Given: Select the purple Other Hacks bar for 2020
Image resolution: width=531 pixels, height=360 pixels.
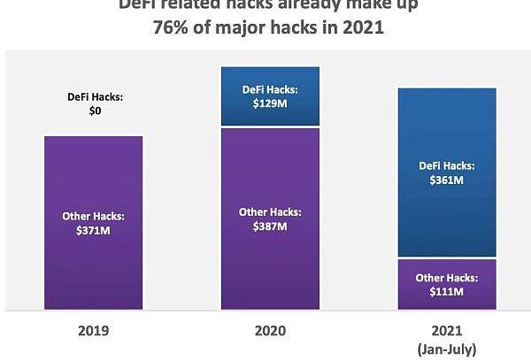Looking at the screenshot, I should [x=269, y=265].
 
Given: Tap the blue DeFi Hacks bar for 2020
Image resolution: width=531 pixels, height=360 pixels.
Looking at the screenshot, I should [x=269, y=80].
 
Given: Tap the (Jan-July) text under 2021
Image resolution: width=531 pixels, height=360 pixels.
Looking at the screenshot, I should [x=447, y=351].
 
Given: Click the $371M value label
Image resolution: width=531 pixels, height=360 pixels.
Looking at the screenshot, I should [x=92, y=231].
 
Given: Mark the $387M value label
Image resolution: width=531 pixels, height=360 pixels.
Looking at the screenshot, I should [x=269, y=226].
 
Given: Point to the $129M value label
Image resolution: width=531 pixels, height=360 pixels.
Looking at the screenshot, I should [x=269, y=104].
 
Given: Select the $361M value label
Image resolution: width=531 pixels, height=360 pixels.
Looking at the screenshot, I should [x=446, y=180].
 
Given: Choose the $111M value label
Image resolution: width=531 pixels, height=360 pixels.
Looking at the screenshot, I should [x=446, y=291].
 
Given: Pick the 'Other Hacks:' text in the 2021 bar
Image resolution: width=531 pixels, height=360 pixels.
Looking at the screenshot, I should [x=446, y=276].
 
